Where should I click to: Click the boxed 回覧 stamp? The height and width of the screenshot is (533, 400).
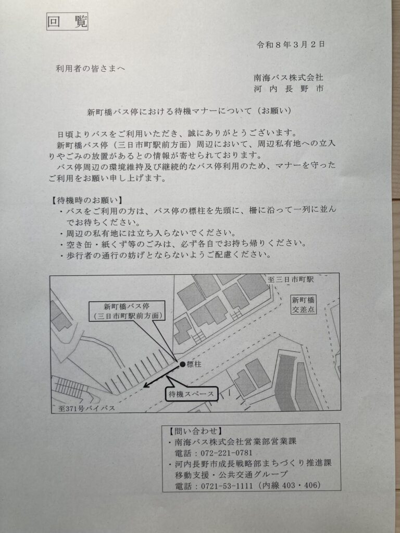coord(67,22)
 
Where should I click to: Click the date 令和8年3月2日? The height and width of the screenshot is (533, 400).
coord(291,45)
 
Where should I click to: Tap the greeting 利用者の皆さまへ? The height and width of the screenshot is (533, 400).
coord(91,69)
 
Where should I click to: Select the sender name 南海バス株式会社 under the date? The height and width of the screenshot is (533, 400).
coord(289,78)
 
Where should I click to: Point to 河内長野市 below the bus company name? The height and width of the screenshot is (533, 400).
coord(289,89)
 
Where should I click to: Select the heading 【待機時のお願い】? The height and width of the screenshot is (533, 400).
coord(86,200)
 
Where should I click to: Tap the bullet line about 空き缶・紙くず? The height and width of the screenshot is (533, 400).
coord(183,244)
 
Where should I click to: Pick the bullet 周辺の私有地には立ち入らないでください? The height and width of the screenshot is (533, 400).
coord(147,233)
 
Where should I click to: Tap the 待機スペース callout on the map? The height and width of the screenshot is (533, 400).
coord(192,394)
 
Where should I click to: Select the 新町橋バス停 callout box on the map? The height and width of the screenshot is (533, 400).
coord(127,311)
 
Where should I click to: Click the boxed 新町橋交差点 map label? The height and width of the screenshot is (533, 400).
coord(304,305)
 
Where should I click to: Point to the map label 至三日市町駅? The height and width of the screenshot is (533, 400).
coord(291,280)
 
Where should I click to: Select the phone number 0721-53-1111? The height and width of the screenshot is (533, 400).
coord(227,486)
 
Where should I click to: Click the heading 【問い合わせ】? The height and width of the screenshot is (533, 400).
coord(193,432)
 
